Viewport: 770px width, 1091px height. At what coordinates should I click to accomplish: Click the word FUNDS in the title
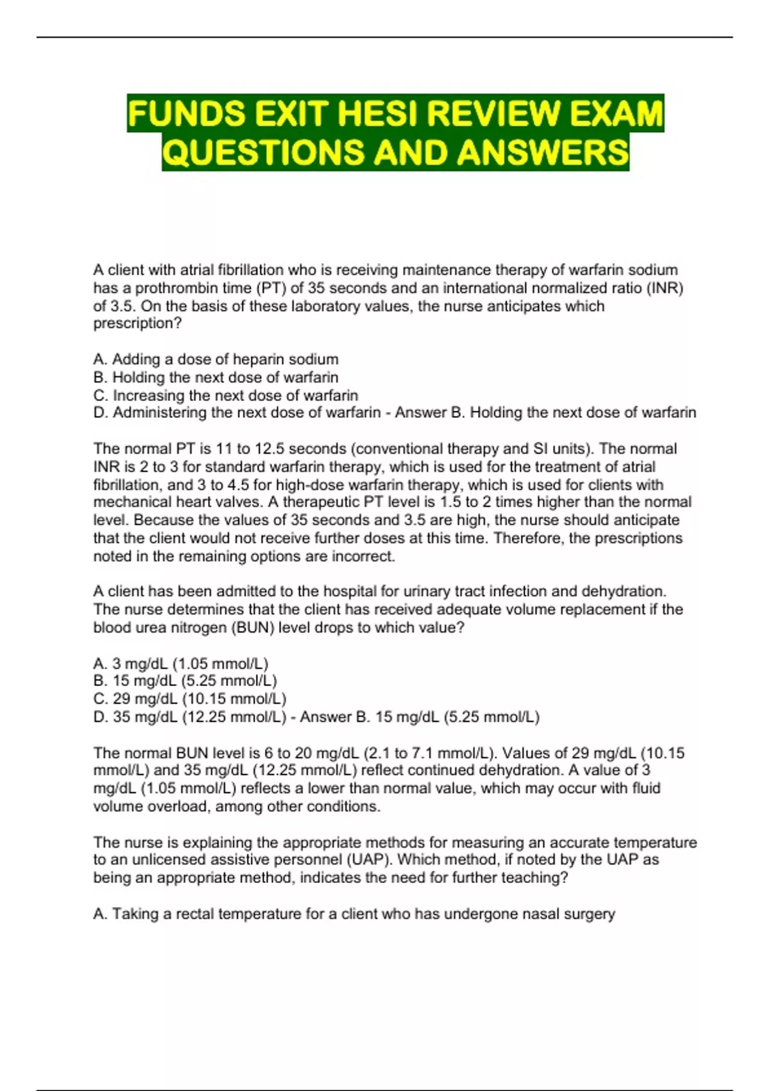[x=185, y=114]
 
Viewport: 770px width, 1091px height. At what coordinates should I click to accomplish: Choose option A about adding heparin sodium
[x=216, y=359]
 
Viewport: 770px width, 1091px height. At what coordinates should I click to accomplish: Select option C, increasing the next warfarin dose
[x=225, y=395]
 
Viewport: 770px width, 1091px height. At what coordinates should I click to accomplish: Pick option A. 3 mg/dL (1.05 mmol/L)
[x=180, y=664]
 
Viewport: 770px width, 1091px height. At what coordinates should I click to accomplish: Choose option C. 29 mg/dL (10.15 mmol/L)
[x=189, y=699]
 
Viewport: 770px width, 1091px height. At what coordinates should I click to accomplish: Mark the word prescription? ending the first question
[x=137, y=323]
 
